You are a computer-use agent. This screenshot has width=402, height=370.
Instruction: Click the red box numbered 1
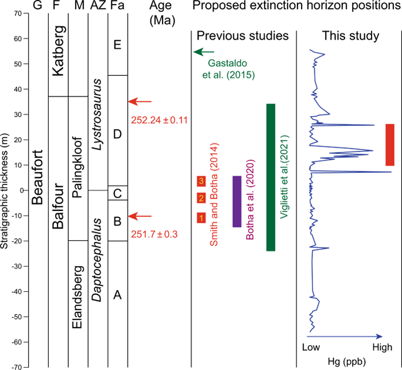201,218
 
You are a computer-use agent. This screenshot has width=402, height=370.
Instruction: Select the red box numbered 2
201,199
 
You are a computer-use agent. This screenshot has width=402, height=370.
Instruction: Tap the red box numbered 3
201,181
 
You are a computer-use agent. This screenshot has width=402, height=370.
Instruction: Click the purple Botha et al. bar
237,201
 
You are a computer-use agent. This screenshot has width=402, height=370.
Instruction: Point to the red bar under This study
389,145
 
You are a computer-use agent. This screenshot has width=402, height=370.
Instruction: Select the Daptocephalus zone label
98,253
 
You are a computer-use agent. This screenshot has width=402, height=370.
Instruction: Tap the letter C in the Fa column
117,194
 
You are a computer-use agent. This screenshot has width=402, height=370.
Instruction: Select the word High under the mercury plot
382,348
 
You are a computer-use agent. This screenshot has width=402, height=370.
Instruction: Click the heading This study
350,36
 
